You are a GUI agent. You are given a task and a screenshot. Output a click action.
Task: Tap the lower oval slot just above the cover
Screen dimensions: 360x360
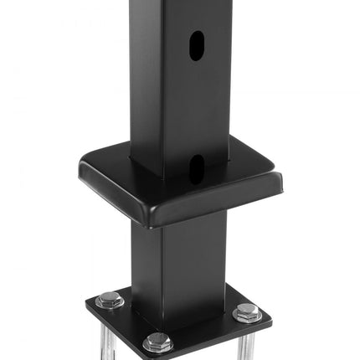pos(194,169)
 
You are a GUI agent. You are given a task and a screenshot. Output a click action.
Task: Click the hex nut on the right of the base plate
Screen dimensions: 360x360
pos(247,312)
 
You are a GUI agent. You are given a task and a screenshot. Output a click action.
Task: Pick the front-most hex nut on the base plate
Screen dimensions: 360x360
pos(157,342)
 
